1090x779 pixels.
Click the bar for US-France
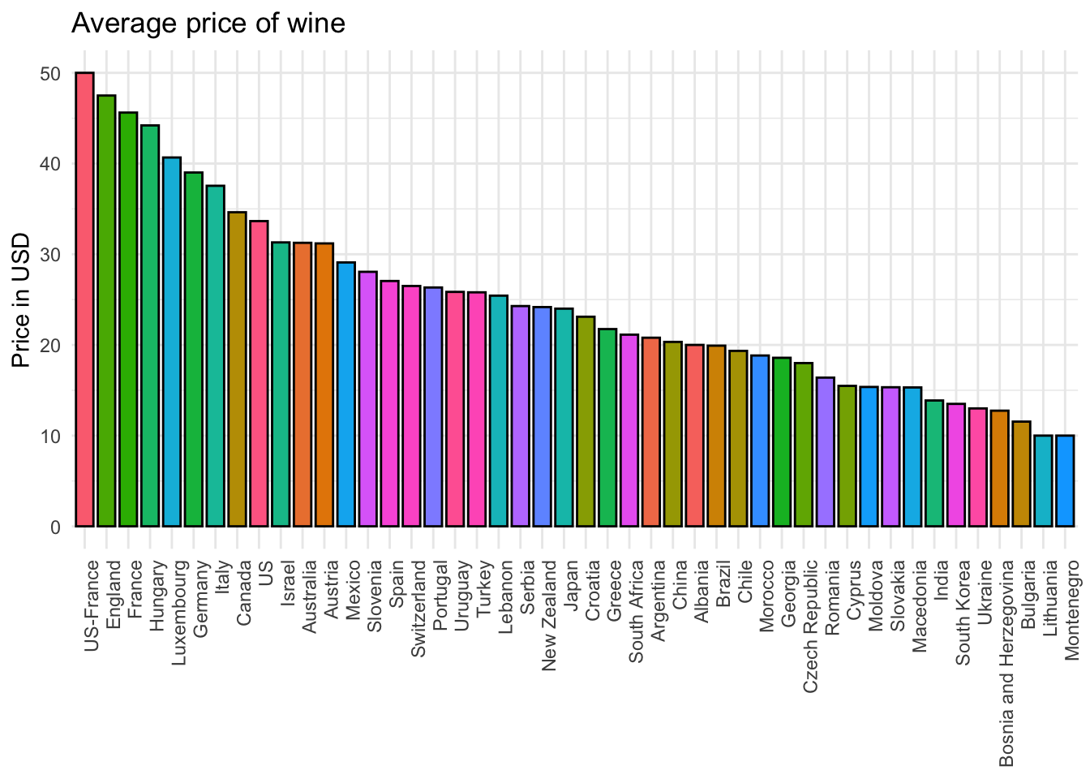point(84,299)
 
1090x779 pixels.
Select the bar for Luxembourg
point(172,342)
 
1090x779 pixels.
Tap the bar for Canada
point(237,369)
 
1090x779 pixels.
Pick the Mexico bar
point(346,394)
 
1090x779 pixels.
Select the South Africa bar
point(629,430)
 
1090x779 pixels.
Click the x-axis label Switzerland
point(418,609)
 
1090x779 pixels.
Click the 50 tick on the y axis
point(50,74)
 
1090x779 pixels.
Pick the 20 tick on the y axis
point(50,346)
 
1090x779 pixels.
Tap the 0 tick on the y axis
point(55,527)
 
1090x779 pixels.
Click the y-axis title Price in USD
point(22,300)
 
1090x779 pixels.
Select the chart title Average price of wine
point(208,23)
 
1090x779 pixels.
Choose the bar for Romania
point(826,452)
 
